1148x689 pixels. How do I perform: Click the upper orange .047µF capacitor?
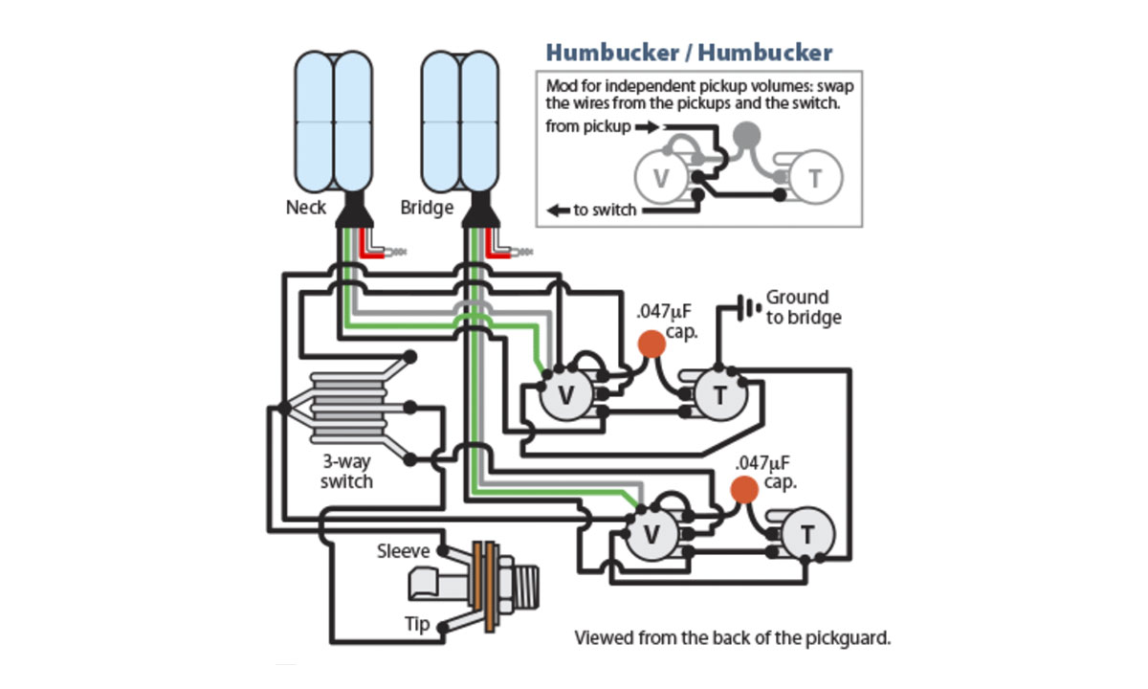(651, 344)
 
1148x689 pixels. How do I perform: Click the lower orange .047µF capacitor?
(743, 489)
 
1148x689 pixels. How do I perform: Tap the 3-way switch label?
(346, 472)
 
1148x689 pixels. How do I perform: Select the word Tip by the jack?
(416, 623)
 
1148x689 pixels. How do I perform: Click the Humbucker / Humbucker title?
(689, 53)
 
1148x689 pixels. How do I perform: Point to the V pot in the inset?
(661, 178)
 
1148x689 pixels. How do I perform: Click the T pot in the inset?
(815, 178)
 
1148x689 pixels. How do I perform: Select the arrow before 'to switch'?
(557, 210)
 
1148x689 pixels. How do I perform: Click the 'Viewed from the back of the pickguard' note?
(732, 637)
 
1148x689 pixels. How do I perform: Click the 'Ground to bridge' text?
(802, 307)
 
